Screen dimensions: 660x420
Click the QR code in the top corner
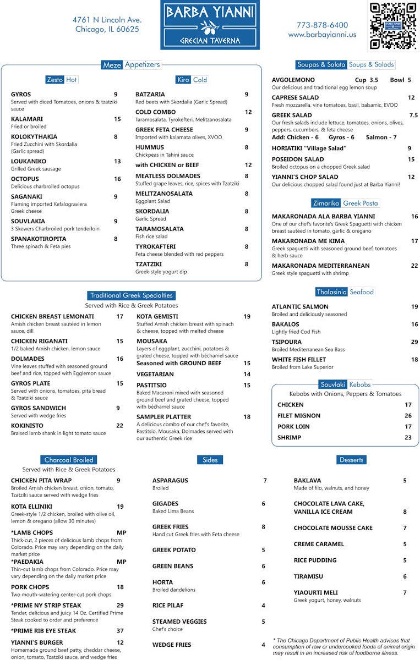point(392,26)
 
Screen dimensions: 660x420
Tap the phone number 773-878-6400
point(322,25)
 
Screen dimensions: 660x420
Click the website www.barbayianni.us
point(322,35)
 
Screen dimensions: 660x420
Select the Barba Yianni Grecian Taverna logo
point(210,25)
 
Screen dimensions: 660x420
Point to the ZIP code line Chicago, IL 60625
point(107,29)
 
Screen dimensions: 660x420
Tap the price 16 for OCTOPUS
point(117,179)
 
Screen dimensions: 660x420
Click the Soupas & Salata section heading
point(321,64)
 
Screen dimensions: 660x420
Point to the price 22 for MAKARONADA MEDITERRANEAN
point(414,266)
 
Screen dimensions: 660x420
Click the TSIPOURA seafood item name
point(287,342)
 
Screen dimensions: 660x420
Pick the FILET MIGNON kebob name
point(299,416)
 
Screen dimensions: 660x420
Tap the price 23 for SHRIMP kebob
point(408,438)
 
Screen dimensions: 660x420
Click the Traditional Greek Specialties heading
point(132,295)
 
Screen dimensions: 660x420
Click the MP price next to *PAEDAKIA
point(122,562)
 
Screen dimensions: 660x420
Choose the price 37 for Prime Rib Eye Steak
point(120,631)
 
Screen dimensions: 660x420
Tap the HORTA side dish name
point(162,582)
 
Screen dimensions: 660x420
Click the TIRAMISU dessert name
point(308,576)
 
